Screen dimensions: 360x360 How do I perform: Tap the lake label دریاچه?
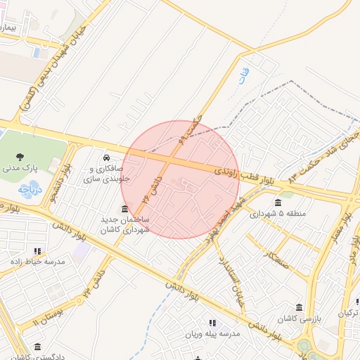pos(31,190)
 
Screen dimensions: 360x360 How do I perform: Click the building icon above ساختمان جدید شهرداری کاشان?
pos(124,208)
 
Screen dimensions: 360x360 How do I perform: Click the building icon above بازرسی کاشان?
pos(300,308)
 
